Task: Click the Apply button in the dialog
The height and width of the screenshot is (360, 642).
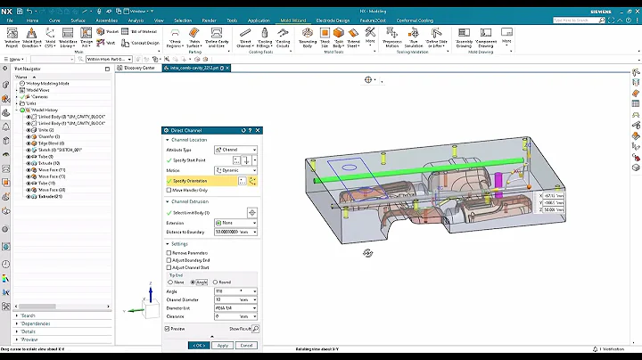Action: tap(223, 345)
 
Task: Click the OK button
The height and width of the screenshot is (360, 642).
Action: tap(198, 345)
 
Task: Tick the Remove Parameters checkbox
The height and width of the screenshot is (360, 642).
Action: tap(169, 253)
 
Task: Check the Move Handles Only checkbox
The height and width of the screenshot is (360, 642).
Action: tap(169, 190)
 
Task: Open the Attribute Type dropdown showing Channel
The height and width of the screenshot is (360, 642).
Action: tap(239, 150)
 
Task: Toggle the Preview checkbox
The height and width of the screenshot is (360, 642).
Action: tap(169, 328)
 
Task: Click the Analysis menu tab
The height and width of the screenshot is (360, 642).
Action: tap(136, 20)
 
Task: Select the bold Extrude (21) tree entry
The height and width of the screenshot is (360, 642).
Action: tap(51, 196)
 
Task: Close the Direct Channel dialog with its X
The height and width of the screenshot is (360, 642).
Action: tap(255, 130)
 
